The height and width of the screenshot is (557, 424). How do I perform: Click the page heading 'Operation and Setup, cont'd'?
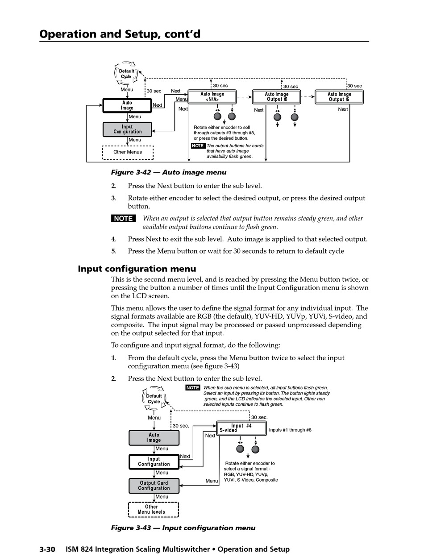[120, 34]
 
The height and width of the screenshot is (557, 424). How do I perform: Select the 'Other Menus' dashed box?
[128, 152]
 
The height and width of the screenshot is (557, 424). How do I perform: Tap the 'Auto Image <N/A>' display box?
[212, 97]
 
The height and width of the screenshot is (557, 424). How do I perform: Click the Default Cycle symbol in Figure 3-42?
[127, 74]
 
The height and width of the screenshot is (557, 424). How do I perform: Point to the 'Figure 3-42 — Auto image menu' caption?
[169, 172]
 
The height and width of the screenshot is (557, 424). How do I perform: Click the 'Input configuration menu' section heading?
[137, 269]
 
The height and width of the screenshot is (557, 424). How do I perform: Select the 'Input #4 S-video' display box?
[241, 428]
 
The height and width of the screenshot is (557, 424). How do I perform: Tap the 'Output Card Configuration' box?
[154, 486]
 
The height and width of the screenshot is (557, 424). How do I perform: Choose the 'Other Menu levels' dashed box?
[154, 509]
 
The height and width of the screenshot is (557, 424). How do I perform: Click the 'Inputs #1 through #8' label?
[290, 430]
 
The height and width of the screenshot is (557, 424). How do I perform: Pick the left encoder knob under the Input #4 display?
[240, 449]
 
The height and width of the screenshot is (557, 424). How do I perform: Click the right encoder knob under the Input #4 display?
[255, 449]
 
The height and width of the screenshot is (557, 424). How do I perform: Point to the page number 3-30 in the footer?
[47, 549]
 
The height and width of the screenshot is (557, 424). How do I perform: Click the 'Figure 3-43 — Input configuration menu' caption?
[183, 528]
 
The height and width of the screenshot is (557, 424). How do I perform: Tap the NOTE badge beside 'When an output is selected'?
[123, 218]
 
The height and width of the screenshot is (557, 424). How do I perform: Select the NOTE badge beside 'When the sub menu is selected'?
[193, 388]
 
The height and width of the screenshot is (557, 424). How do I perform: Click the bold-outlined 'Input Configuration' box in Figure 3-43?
[154, 462]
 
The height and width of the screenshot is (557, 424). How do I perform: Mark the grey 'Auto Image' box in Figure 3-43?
[154, 438]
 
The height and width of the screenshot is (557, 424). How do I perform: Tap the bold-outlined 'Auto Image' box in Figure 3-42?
[127, 106]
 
